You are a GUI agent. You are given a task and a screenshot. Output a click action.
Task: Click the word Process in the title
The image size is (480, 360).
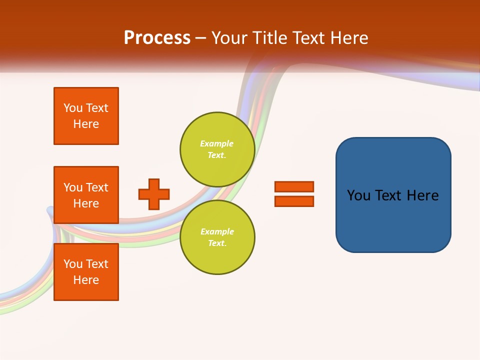coord(157,38)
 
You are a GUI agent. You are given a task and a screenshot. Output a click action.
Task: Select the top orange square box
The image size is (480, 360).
coord(86,116)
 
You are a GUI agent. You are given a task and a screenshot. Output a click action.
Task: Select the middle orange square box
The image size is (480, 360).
coord(86,195)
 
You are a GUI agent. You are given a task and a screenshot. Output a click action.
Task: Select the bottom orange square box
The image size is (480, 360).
coord(86,272)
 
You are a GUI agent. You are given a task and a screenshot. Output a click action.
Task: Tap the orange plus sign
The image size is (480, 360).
coord(154,194)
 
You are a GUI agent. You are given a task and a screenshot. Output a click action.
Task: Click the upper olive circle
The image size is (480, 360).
coord(217,149)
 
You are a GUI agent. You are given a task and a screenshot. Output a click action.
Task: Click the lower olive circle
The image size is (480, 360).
coord(217,237)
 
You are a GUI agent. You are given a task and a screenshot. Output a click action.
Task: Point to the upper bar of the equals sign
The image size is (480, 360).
coord(294,186)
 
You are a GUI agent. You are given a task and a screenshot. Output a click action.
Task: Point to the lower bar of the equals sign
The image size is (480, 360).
coord(294,201)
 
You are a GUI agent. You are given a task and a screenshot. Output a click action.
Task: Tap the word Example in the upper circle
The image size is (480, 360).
coord(216,144)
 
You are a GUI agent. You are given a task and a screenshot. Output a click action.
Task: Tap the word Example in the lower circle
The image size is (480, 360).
coord(216,232)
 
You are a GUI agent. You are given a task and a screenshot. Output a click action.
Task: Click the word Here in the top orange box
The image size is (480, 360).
coord(86,124)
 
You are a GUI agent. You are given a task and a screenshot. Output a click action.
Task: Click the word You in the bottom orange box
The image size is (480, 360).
coord(73,264)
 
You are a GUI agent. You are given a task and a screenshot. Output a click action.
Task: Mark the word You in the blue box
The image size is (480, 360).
coord(359,195)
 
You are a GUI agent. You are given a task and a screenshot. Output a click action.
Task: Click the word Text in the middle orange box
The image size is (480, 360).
coord(97,187)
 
